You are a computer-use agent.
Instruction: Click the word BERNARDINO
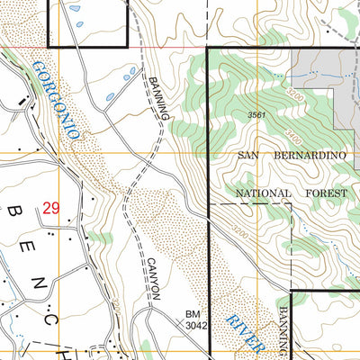pos(309,156)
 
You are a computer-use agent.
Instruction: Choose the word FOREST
pos(320,193)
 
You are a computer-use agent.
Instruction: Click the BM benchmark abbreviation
pos(193,313)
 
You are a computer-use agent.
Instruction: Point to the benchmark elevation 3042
pos(197,326)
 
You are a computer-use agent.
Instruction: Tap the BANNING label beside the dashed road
pos(158,96)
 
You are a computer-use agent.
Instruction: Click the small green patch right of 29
pos(101,238)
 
